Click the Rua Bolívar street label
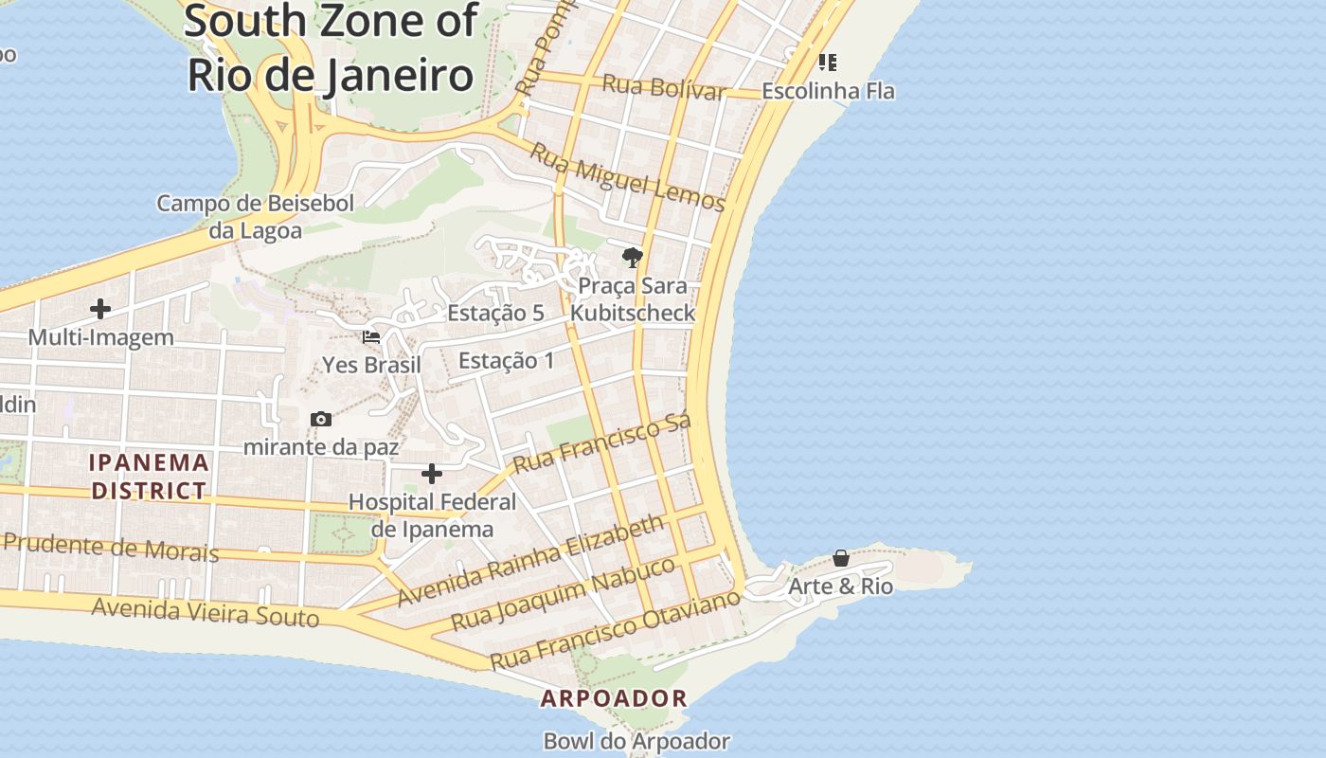pos(663,88)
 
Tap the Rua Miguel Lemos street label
pos(627,177)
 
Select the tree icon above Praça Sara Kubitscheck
pos(633,257)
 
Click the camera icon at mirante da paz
pos(321,419)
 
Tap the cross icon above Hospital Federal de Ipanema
pos(432,473)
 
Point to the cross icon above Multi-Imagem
pos(100,309)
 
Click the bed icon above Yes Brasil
pos(371,337)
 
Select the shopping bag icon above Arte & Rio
pos(840,559)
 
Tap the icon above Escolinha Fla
pos(828,63)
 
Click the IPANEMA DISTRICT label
pos(149,477)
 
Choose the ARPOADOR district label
pos(614,699)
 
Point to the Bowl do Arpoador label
pos(636,741)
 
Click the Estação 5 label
pos(495,313)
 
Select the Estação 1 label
pos(507,361)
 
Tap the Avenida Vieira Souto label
pos(206,612)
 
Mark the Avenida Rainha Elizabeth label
pos(530,561)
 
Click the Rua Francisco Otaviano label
pos(614,629)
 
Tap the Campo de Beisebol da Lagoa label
pos(256,217)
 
